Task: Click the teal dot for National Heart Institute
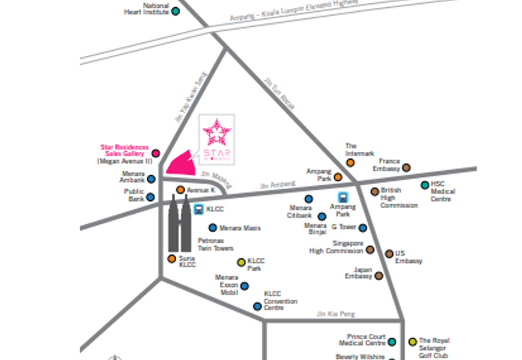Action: (175, 11)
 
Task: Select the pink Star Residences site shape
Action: (182, 164)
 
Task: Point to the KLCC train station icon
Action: (198, 209)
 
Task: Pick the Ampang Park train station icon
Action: (342, 198)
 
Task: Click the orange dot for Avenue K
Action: (180, 190)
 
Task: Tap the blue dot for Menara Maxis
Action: (213, 228)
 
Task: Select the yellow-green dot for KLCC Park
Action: (241, 262)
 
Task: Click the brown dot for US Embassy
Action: (389, 254)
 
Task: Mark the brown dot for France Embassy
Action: (407, 168)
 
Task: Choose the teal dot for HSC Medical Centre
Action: (425, 185)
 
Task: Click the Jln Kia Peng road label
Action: (335, 314)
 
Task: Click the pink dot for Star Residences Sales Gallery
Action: (155, 153)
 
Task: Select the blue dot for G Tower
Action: (363, 228)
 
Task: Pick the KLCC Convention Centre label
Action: (281, 301)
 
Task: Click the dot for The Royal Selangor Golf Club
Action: (412, 341)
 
